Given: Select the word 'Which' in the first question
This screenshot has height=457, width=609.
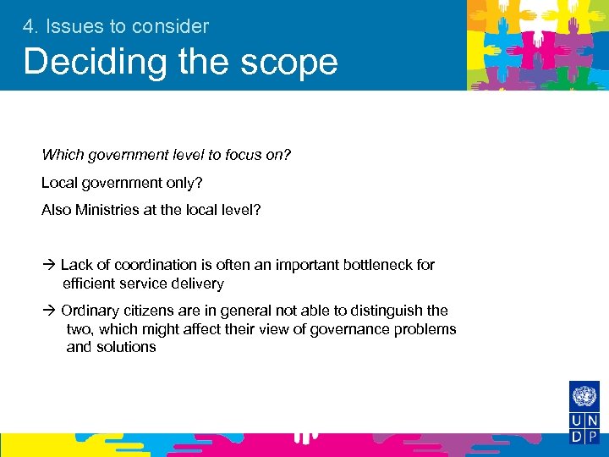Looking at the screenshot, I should (x=60, y=155).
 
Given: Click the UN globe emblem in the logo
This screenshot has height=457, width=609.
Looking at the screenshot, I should (x=584, y=396).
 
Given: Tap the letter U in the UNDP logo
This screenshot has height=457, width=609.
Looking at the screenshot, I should (x=577, y=421).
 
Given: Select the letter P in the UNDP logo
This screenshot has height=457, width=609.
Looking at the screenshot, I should (x=592, y=437).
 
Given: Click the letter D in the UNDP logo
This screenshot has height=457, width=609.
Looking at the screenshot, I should (x=577, y=437).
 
